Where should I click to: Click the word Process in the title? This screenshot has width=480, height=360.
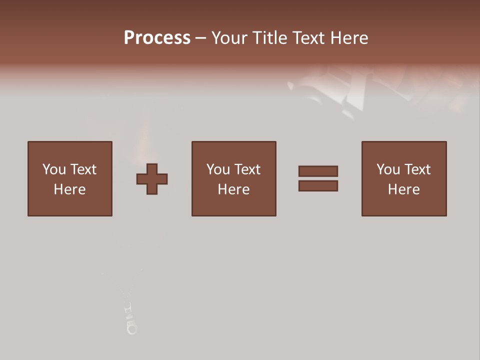(157, 38)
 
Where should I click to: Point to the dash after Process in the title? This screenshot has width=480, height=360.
(200, 38)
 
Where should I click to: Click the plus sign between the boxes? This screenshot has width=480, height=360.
(152, 179)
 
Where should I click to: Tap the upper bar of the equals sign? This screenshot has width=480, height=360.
(318, 171)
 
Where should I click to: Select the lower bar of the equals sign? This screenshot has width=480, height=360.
(318, 186)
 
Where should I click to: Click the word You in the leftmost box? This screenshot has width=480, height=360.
(54, 169)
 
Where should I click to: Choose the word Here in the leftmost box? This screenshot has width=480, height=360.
(69, 189)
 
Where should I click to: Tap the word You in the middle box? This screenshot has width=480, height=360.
(218, 169)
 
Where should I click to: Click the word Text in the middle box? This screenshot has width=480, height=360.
(246, 169)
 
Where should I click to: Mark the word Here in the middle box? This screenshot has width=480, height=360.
(233, 189)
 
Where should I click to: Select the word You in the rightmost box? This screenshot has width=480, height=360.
(388, 169)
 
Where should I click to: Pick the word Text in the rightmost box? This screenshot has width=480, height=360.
(416, 169)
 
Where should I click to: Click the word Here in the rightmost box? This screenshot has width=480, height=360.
(403, 189)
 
